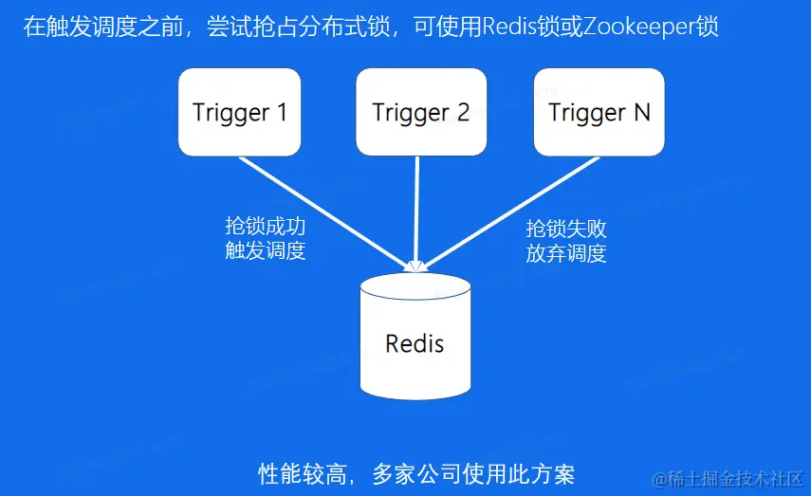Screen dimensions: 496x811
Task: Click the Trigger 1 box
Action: [x=240, y=112]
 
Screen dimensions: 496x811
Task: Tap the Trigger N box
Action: [x=599, y=112]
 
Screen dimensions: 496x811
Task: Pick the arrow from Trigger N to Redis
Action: [x=512, y=210]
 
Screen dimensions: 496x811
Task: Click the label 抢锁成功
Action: [x=266, y=227]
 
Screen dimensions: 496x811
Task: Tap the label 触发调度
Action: [x=266, y=251]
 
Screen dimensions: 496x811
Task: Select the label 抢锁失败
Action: [x=566, y=230]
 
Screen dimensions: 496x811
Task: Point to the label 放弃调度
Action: [x=566, y=253]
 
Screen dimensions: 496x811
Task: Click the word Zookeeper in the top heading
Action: [x=639, y=26]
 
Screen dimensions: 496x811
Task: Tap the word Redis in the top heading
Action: [x=509, y=26]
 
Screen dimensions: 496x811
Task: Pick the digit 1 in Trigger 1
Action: [x=281, y=112]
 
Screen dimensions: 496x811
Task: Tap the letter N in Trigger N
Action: [x=641, y=112]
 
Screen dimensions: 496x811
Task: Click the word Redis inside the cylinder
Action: [x=415, y=342]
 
